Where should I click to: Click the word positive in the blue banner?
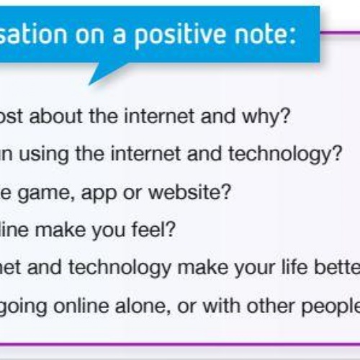click(180, 35)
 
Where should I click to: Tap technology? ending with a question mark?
click(285, 155)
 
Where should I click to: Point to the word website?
click(189, 192)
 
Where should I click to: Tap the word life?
click(294, 267)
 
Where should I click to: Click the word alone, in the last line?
click(143, 306)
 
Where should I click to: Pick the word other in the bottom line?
click(271, 305)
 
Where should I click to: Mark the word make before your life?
click(203, 267)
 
